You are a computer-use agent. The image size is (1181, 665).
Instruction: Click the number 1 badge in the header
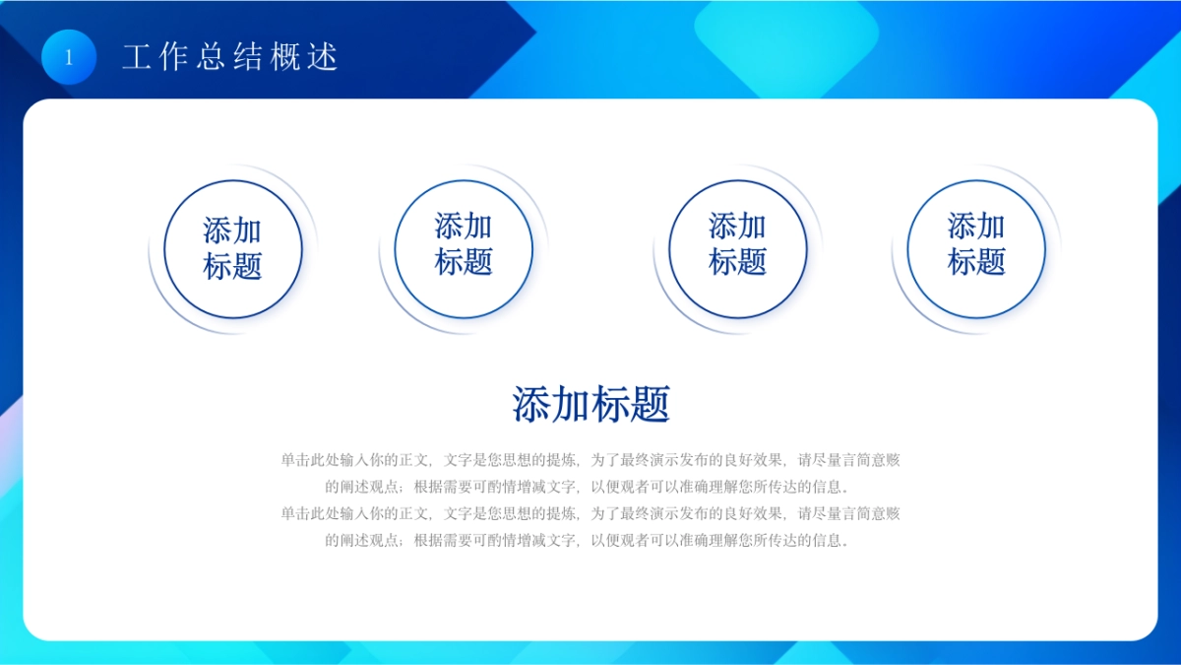click(x=69, y=57)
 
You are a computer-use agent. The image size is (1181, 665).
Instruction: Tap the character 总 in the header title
click(x=211, y=57)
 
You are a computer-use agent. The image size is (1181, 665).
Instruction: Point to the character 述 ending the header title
click(x=323, y=57)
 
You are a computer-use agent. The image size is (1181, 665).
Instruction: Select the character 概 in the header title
click(x=285, y=57)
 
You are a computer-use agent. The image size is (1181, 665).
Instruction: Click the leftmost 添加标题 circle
click(x=232, y=248)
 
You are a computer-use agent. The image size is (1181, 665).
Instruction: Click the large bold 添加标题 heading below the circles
click(x=590, y=404)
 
